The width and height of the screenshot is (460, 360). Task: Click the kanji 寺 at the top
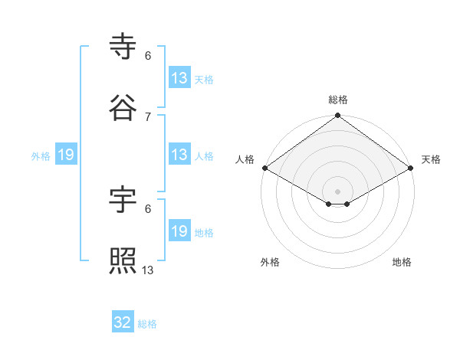tap(123, 47)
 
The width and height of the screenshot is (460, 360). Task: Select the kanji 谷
tap(123, 108)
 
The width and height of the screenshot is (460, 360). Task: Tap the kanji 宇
tap(123, 201)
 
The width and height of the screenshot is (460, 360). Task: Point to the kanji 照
tap(123, 262)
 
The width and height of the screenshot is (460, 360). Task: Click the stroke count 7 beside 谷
tap(148, 116)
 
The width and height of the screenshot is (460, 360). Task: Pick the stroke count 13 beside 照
tap(148, 270)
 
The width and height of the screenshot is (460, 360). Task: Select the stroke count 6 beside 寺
tap(148, 55)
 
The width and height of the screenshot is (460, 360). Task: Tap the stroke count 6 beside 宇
tap(148, 208)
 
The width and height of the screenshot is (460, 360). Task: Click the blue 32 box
tap(123, 322)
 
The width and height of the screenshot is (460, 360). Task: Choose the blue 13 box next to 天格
tap(179, 78)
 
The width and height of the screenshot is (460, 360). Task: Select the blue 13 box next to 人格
tap(179, 155)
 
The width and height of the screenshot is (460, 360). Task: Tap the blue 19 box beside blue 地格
tap(179, 231)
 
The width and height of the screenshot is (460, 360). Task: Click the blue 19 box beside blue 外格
tap(66, 155)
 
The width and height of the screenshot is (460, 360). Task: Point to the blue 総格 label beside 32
tap(147, 324)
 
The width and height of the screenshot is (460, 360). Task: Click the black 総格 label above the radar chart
tap(337, 100)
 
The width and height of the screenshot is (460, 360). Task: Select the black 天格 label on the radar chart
tap(431, 159)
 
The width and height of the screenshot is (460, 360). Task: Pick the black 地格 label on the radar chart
tap(402, 262)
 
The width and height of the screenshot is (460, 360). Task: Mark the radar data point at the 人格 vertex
tap(264, 168)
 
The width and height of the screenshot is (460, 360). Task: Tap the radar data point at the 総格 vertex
tap(337, 116)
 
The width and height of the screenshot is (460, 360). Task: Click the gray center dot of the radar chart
tap(337, 191)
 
